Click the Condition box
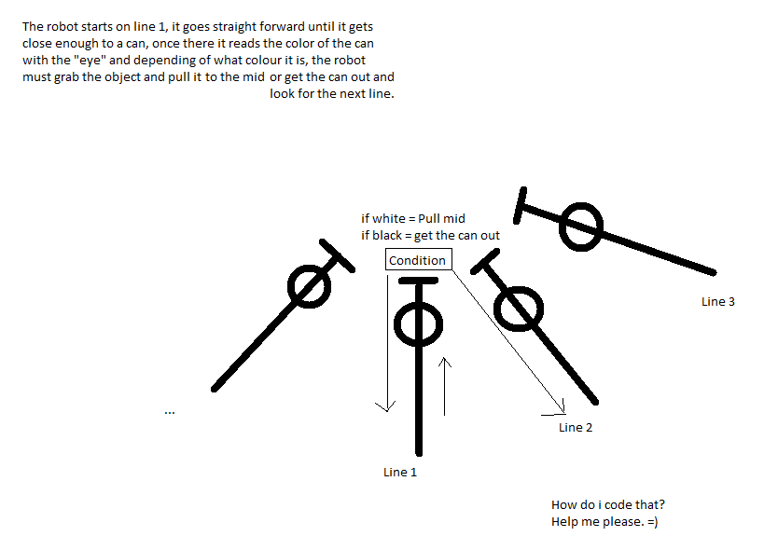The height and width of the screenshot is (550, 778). (x=419, y=259)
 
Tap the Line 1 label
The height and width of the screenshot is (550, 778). (x=400, y=472)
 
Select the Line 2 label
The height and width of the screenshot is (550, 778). (x=576, y=428)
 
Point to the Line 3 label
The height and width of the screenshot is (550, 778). (x=718, y=301)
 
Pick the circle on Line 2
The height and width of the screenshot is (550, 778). (x=495, y=309)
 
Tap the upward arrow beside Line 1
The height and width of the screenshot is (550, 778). (x=445, y=386)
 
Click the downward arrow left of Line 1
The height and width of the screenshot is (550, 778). (x=387, y=343)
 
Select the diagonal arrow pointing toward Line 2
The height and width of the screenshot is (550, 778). (x=508, y=341)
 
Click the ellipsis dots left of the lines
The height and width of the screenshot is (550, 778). (x=170, y=412)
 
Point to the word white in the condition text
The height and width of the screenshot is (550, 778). (x=388, y=219)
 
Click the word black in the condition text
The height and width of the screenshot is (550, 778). (x=386, y=236)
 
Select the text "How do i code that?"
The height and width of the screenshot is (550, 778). (x=608, y=505)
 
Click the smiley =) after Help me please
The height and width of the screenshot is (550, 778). (x=652, y=522)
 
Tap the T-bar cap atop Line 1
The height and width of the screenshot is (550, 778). (x=418, y=282)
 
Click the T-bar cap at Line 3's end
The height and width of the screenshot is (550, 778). (x=520, y=205)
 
